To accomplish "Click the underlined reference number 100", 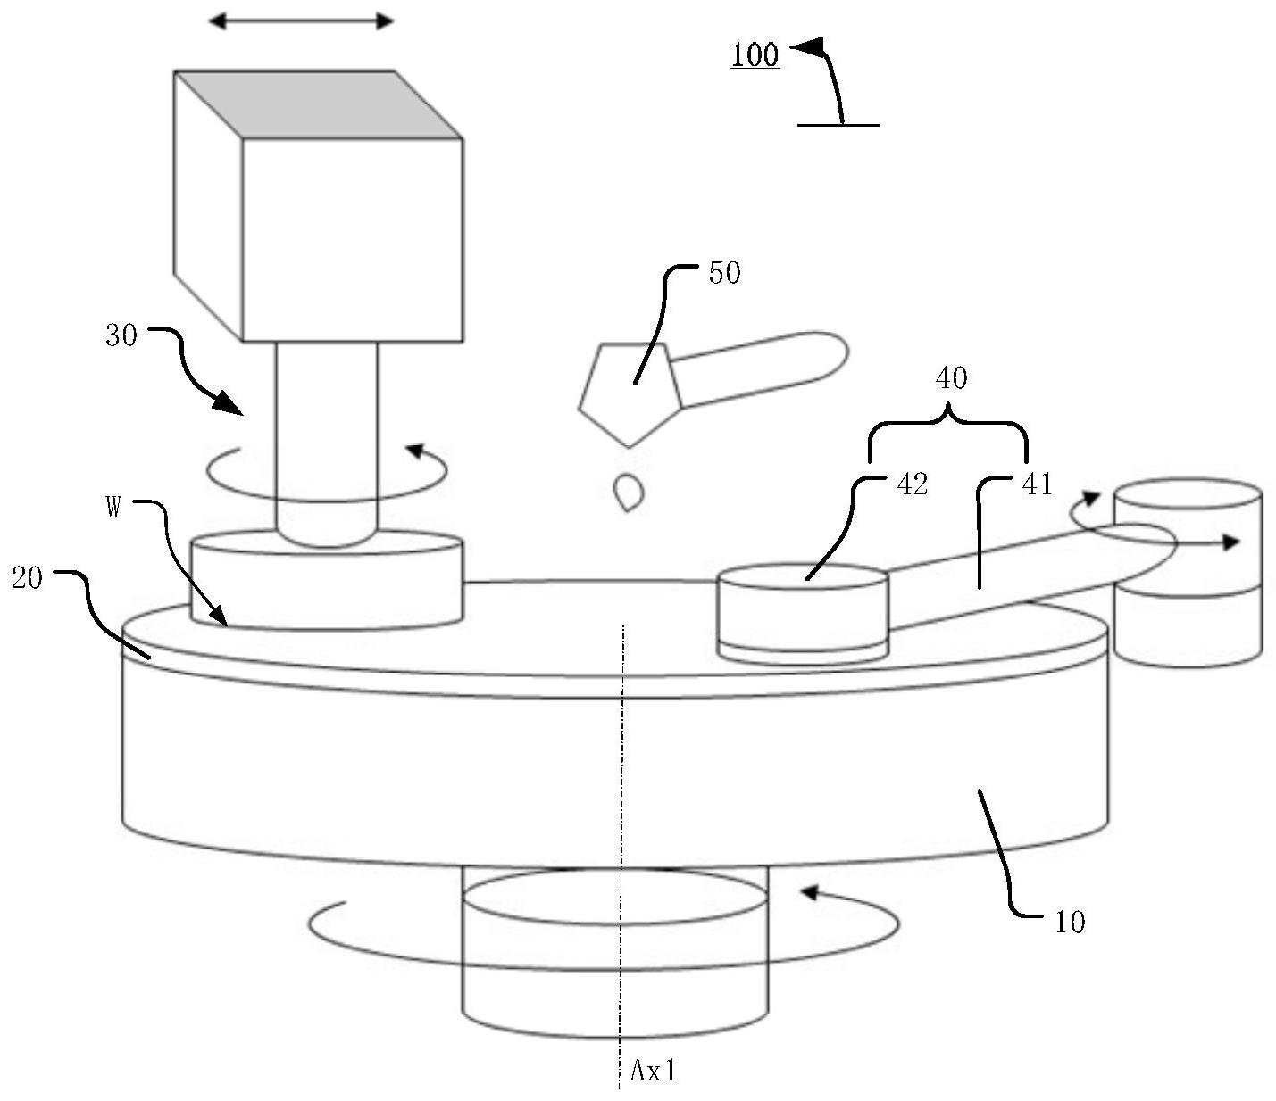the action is click(x=755, y=55).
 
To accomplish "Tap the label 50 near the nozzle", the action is click(x=724, y=273).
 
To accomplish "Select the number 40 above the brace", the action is click(x=951, y=378).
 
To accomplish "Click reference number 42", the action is click(x=913, y=484).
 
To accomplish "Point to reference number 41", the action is click(x=1037, y=484).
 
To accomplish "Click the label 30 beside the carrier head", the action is click(x=121, y=335).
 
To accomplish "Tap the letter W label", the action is click(x=113, y=509).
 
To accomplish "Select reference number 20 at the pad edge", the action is click(x=27, y=578).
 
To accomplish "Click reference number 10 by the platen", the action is click(x=1070, y=923).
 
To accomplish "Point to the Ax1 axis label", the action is click(x=653, y=1070).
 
